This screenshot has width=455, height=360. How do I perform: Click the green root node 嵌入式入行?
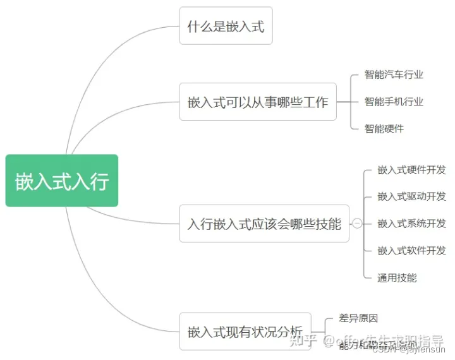pyautogui.click(x=62, y=181)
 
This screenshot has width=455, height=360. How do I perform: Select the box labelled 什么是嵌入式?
pyautogui.click(x=226, y=26)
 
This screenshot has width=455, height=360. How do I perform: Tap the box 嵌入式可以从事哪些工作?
pyautogui.click(x=258, y=102)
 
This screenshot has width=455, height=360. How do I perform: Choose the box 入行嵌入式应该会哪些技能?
pyautogui.click(x=264, y=224)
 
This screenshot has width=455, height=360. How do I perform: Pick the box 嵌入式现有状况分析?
pyautogui.click(x=245, y=332)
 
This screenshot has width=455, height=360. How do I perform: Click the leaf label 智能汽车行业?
pyautogui.click(x=394, y=75)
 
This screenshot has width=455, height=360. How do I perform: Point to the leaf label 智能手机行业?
pyautogui.click(x=394, y=102)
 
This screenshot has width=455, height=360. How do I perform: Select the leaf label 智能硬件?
pyautogui.click(x=384, y=129)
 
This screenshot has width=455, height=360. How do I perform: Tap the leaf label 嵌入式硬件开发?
pyautogui.click(x=412, y=170)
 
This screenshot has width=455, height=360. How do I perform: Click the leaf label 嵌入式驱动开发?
pyautogui.click(x=412, y=196)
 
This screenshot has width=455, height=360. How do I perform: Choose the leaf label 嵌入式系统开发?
pyautogui.click(x=412, y=224)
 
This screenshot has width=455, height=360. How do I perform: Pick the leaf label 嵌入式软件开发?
pyautogui.click(x=412, y=251)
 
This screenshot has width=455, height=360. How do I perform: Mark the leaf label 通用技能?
pyautogui.click(x=397, y=278)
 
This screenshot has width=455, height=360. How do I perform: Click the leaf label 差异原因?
pyautogui.click(x=358, y=319)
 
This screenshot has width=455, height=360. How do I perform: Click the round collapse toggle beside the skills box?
pyautogui.click(x=358, y=224)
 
